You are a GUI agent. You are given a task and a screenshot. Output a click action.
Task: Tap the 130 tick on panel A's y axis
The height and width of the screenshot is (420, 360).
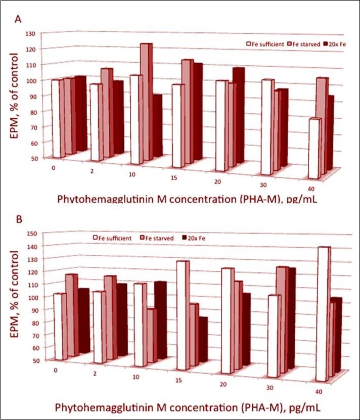[x=31, y=34]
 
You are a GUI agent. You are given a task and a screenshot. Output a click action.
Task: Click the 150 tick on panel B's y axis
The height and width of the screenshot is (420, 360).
[x=31, y=234]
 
